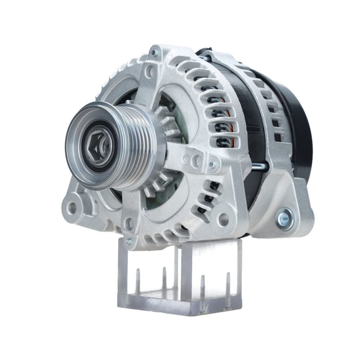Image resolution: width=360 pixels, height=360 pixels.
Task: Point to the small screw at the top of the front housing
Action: click(x=154, y=53)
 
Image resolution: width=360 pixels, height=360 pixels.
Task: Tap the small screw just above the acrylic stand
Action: click(x=129, y=242)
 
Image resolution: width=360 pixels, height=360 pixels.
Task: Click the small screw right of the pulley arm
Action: click(x=213, y=165)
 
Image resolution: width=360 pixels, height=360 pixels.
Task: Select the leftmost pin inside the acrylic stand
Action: click(x=138, y=281)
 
